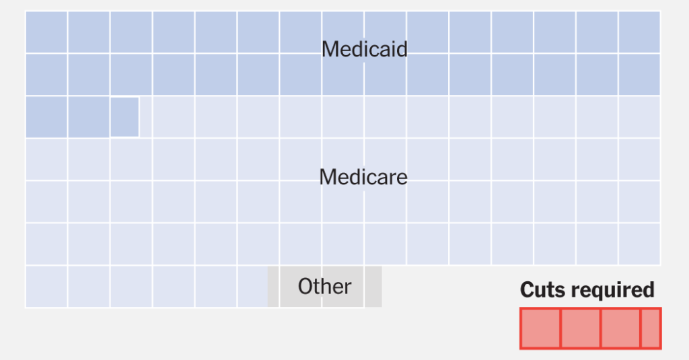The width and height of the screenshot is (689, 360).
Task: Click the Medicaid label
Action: (x=364, y=49)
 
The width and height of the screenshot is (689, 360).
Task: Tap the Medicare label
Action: (x=363, y=177)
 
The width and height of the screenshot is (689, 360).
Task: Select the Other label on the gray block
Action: (x=324, y=287)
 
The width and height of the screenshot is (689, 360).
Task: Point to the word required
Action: (x=612, y=290)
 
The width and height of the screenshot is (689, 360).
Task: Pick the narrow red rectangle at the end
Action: (x=651, y=328)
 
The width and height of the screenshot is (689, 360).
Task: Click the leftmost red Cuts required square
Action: (x=540, y=328)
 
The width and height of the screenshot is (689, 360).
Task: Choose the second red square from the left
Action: (x=580, y=328)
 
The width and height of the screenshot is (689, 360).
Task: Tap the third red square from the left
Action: (x=620, y=328)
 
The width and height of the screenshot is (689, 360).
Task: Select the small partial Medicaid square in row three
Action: (x=124, y=117)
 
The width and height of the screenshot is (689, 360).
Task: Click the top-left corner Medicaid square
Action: (x=46, y=32)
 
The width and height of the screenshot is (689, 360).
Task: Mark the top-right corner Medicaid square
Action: (x=639, y=32)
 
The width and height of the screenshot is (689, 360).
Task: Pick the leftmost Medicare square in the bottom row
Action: (x=46, y=287)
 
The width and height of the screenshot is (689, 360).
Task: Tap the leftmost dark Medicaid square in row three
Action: (x=46, y=117)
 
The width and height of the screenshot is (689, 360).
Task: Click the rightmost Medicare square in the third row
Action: (x=639, y=117)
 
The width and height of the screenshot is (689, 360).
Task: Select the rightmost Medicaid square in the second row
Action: (x=639, y=75)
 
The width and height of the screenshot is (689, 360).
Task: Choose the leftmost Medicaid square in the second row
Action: (x=46, y=75)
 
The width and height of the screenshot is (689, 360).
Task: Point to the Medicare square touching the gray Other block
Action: (x=253, y=287)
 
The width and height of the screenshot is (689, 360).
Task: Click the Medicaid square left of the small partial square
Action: (x=88, y=117)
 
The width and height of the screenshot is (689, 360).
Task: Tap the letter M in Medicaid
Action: (x=330, y=49)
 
